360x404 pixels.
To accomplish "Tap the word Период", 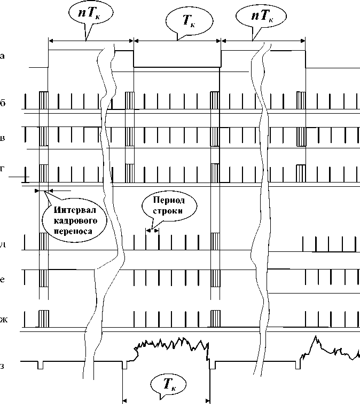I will [x=169, y=200].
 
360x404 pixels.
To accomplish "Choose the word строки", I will [x=169, y=210].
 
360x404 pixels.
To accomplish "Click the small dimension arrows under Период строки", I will [x=153, y=231].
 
